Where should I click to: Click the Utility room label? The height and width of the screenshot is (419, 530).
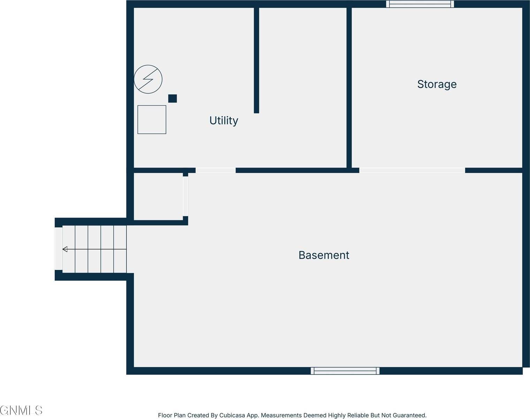(224, 120)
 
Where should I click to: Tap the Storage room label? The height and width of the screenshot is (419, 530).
(437, 84)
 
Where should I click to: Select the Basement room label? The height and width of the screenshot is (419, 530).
(324, 255)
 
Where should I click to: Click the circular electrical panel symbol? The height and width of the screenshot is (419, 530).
(148, 79)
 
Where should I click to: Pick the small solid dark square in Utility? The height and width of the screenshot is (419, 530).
(172, 98)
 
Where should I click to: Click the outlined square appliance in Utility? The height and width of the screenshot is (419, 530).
(152, 119)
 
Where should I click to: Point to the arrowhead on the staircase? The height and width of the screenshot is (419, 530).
(65, 249)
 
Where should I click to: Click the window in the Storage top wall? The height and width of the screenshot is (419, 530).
(420, 4)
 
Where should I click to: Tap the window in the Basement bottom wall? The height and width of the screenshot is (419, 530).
(345, 371)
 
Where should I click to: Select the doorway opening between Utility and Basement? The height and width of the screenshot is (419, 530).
(215, 170)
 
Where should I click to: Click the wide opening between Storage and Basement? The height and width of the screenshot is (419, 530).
(412, 170)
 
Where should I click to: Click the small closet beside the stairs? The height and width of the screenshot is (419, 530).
(158, 197)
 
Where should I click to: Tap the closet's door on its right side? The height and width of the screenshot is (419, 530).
(185, 196)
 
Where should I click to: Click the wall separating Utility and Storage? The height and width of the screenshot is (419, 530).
(349, 87)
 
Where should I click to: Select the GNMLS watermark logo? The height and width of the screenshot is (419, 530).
(21, 410)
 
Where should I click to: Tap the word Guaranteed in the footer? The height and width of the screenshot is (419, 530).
(409, 415)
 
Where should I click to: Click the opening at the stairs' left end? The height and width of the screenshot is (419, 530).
(59, 249)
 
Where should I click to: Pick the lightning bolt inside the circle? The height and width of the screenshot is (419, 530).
(148, 79)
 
